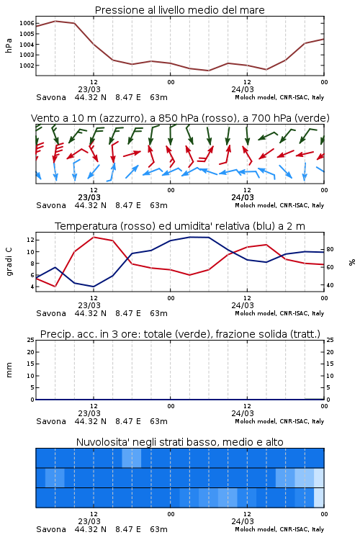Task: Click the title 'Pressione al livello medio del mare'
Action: [179, 10]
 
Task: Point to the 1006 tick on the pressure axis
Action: [27, 24]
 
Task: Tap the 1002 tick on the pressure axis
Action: [27, 66]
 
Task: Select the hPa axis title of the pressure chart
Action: [9, 45]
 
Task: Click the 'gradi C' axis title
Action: [9, 261]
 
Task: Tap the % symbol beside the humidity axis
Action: [352, 262]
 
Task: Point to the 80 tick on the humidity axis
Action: [330, 249]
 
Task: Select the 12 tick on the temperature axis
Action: [30, 240]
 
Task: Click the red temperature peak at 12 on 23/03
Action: [94, 238]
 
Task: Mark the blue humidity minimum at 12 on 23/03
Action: [94, 287]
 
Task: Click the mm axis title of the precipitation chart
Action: [9, 369]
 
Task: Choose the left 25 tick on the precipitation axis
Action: [30, 340]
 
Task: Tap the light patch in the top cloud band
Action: [132, 458]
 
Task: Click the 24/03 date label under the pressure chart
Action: [243, 89]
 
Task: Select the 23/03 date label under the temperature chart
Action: [89, 305]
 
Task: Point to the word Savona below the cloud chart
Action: [51, 529]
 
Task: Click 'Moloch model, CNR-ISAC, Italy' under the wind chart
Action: [279, 206]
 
